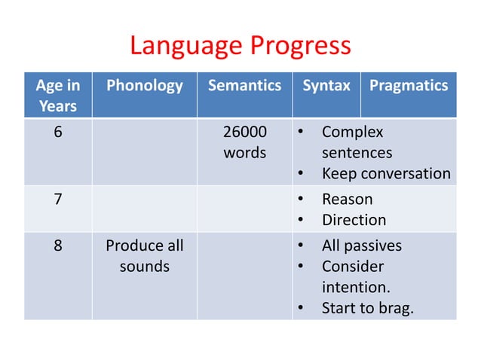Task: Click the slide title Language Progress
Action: [x=240, y=46]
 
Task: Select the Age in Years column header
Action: [x=58, y=96]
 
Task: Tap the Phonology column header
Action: [x=144, y=86]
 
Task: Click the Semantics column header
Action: [x=244, y=86]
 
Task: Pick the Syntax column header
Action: [x=326, y=86]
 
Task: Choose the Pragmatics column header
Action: [x=408, y=86]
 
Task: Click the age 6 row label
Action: [x=58, y=133]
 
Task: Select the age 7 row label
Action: [x=58, y=200]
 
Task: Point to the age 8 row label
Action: [x=58, y=246]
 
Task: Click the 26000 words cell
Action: [x=244, y=142]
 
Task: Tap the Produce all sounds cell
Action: [x=144, y=256]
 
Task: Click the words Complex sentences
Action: [x=356, y=142]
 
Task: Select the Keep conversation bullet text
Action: [x=385, y=174]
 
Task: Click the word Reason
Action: [x=347, y=200]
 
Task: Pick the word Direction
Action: [x=354, y=221]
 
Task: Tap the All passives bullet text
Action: [x=361, y=246]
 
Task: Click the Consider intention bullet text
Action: [x=352, y=277]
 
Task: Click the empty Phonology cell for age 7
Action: [x=144, y=209]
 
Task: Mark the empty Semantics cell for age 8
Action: [x=244, y=276]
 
